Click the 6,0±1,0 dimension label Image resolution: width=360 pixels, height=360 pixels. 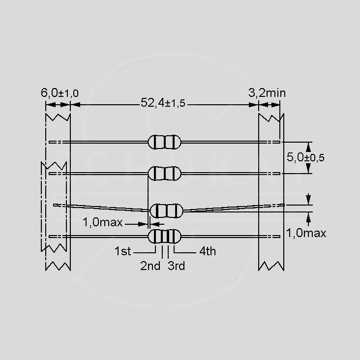(x=60, y=93)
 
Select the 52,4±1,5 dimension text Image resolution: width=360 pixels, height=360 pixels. (x=163, y=103)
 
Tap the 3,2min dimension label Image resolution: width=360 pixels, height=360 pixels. (x=267, y=93)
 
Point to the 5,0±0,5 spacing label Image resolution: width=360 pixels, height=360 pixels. (x=305, y=157)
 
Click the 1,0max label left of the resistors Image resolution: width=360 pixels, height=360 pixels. (x=102, y=222)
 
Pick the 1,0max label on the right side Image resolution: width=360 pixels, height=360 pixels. (x=306, y=233)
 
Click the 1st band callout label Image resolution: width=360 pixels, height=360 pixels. (x=122, y=251)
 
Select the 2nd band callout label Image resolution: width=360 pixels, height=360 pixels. (x=150, y=266)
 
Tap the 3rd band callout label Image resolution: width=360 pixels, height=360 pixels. (x=176, y=266)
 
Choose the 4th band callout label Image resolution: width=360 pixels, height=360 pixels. (x=208, y=251)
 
